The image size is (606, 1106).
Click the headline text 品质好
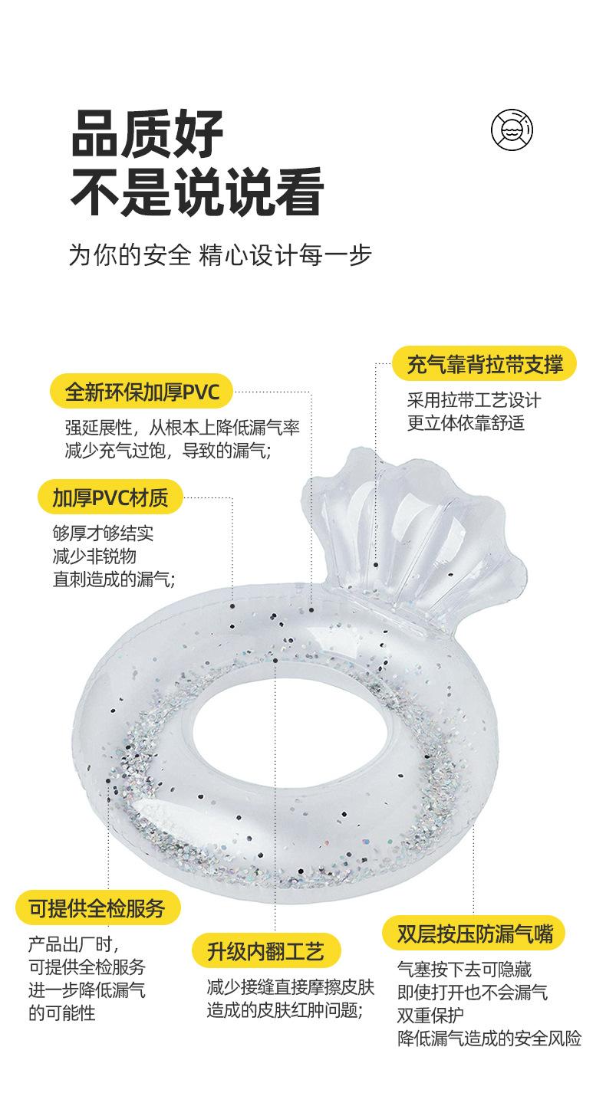point(147,133)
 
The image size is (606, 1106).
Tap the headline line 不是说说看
point(196,192)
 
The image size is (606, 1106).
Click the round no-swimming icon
point(512,129)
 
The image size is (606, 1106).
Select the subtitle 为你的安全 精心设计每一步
point(220,255)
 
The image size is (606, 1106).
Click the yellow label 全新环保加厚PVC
point(142,392)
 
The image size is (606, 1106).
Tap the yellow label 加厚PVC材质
point(110,497)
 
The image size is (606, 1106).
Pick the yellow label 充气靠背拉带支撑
point(485,365)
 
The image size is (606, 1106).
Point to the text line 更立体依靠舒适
point(466,423)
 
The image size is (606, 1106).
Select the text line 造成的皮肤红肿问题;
point(284,1010)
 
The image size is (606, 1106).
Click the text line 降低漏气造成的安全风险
point(489,1039)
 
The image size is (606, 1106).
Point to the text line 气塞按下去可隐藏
point(464,970)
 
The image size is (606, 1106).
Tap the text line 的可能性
point(62,1013)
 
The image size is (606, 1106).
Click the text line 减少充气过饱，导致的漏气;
point(167,451)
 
